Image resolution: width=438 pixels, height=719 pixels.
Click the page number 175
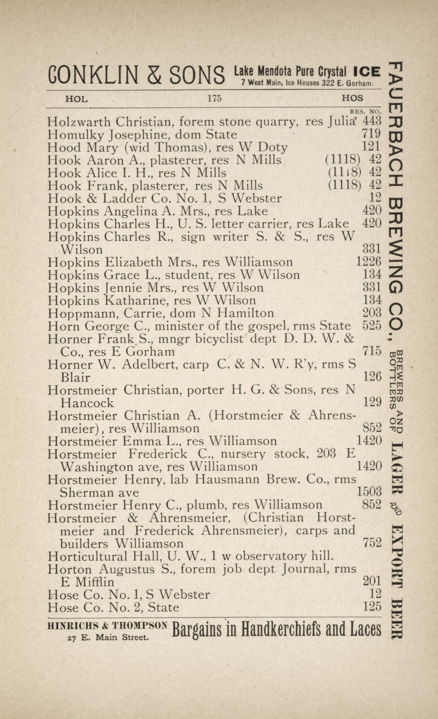pos(214,98)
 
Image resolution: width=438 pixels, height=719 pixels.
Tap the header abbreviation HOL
pos(76,99)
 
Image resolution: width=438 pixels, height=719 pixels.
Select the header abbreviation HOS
pos(352,98)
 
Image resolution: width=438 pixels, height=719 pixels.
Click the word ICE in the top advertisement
pos(367,72)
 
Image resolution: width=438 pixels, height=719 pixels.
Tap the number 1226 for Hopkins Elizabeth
pos(369,262)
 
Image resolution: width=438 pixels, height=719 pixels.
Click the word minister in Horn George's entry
pos(177,326)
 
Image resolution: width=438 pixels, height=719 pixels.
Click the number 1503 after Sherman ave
pos(369,492)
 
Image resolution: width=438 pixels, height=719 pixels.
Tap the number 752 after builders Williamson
pos(372,543)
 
